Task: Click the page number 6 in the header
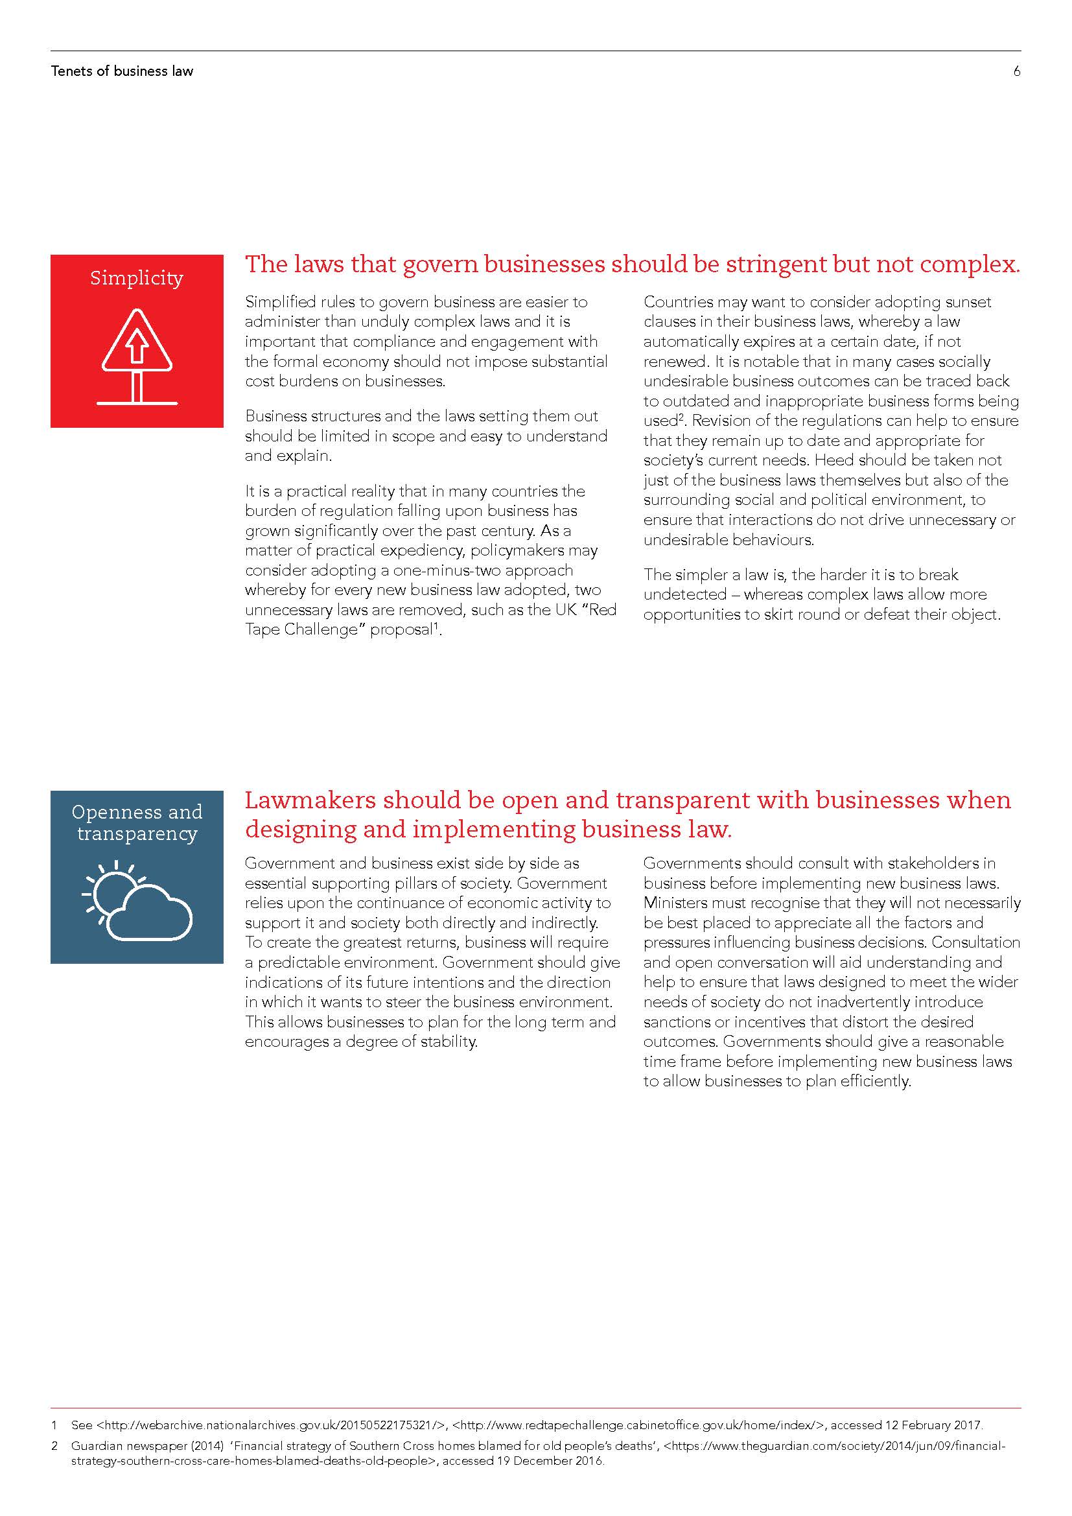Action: point(1016,71)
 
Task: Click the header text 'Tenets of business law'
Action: point(122,71)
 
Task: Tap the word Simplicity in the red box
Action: point(137,278)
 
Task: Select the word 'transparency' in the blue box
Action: point(137,834)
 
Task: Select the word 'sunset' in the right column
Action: point(966,303)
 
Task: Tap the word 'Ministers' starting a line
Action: point(675,904)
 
